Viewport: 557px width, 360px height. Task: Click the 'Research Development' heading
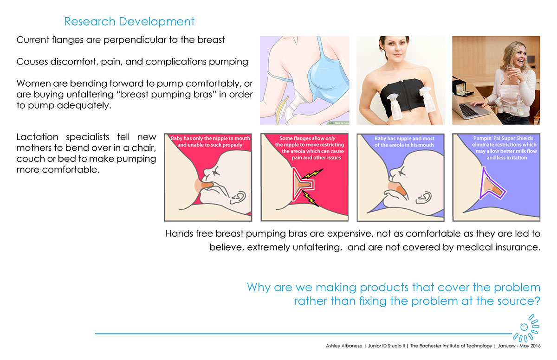click(130, 21)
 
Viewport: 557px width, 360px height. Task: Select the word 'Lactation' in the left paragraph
click(37, 137)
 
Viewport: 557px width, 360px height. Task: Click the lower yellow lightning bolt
click(311, 199)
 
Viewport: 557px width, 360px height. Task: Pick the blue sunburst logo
click(525, 328)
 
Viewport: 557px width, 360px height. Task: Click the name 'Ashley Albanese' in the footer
click(344, 346)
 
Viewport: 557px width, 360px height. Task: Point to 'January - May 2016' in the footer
click(519, 346)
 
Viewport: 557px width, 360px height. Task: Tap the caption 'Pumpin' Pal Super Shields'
click(503, 138)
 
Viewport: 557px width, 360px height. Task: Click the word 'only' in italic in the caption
click(330, 138)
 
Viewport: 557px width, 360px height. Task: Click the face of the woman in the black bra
click(394, 47)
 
